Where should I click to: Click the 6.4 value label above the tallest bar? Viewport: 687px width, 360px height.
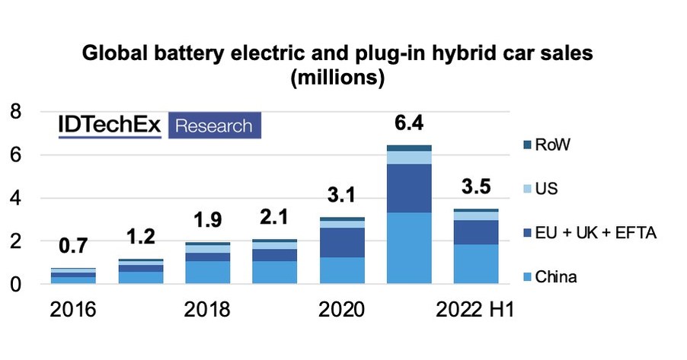coord(408,122)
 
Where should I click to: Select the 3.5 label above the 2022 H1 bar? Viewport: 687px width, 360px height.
coord(476,186)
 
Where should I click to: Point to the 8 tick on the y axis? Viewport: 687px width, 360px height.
coord(14,112)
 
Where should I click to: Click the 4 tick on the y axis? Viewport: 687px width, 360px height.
coord(14,199)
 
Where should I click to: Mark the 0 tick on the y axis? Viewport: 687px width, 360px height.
coord(14,285)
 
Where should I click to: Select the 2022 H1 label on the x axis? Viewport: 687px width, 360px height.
coord(475,311)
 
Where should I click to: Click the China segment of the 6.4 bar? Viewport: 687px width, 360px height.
coord(408,248)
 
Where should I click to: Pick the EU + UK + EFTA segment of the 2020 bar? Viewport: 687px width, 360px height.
coord(341,243)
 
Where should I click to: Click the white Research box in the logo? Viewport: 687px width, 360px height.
coord(214,126)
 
